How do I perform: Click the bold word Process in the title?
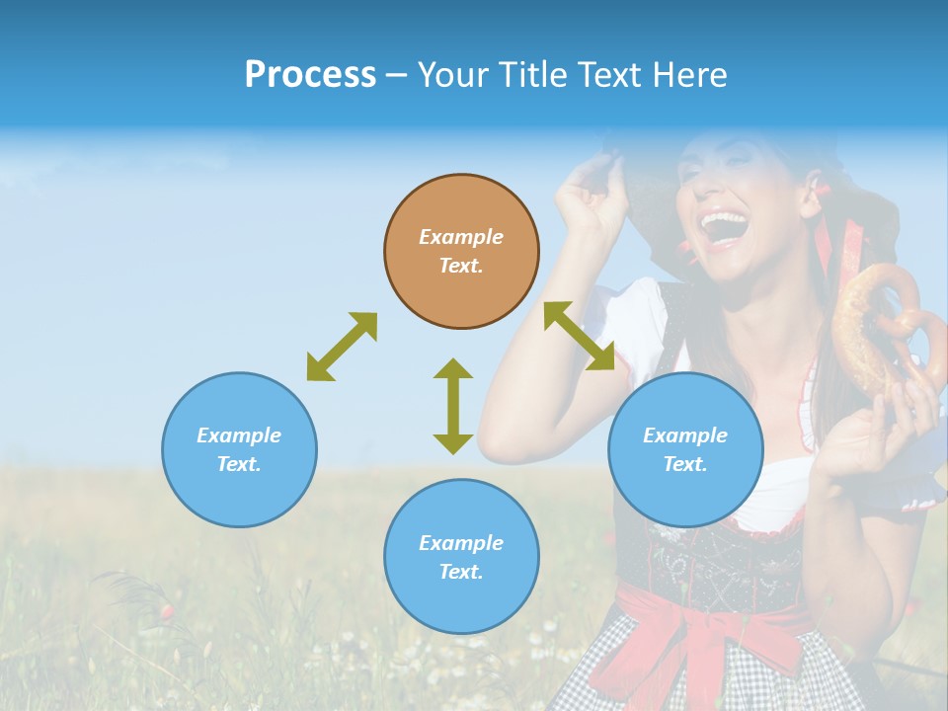pyautogui.click(x=310, y=75)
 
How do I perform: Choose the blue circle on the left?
pyautogui.click(x=239, y=449)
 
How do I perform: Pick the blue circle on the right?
pyautogui.click(x=685, y=449)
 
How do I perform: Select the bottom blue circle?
pyautogui.click(x=461, y=556)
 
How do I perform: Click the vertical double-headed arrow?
pyautogui.click(x=453, y=406)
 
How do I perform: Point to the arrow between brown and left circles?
pyautogui.click(x=342, y=347)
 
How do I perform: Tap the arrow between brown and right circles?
pyautogui.click(x=579, y=336)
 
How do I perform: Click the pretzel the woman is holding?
pyautogui.click(x=879, y=326)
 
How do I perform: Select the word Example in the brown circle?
pyautogui.click(x=461, y=237)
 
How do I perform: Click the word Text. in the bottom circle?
pyautogui.click(x=461, y=572)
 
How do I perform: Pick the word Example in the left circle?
pyautogui.click(x=239, y=435)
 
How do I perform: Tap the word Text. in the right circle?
pyautogui.click(x=685, y=464)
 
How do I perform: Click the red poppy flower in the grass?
pyautogui.click(x=167, y=612)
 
